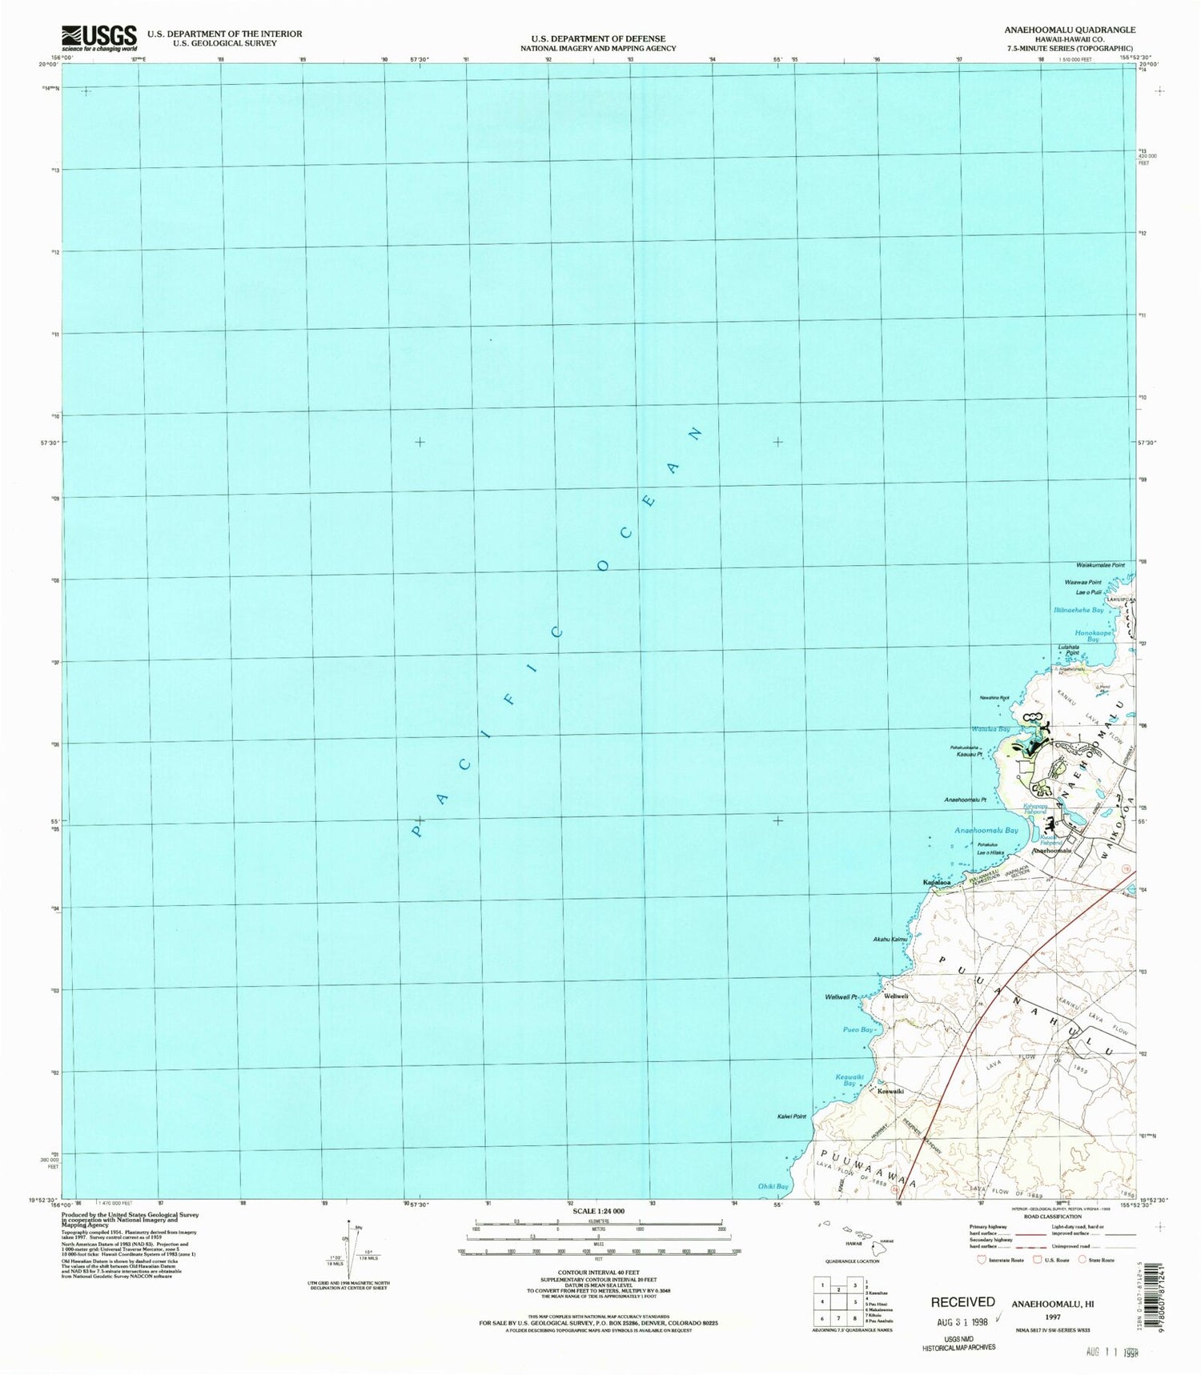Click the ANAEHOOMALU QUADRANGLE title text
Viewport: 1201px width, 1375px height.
1069,30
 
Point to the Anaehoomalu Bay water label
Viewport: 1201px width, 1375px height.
986,831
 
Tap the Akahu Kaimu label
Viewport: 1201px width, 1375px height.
889,939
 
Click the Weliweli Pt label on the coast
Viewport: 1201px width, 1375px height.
841,996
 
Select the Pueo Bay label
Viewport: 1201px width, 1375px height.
858,1029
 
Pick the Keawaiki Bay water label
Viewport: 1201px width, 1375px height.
850,1080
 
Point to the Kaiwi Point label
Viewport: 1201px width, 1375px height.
790,1116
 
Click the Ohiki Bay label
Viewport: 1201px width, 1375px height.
773,1186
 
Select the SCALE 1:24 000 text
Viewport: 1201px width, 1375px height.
598,1212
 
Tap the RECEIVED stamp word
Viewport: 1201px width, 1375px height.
962,1302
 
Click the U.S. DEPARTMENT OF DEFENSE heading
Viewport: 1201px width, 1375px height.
597,38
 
